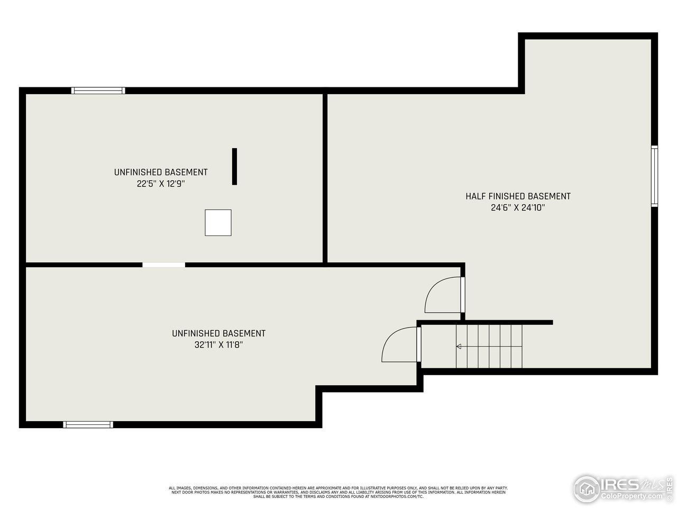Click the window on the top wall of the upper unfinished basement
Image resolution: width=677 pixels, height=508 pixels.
98,90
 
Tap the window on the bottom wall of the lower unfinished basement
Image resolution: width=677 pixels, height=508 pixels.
88,424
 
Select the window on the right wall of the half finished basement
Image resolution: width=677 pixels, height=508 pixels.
654,176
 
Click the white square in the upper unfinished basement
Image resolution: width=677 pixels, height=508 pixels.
218,223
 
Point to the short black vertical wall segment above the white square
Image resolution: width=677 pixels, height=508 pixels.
234,167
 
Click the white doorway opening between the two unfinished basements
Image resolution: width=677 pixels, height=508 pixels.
163,265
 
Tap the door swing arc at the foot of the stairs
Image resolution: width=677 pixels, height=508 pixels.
400,344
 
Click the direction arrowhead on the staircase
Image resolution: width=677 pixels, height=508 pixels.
459,347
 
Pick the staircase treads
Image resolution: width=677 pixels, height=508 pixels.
489,347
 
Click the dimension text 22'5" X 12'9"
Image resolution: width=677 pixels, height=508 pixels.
161,184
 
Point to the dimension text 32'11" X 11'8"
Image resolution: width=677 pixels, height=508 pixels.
218,345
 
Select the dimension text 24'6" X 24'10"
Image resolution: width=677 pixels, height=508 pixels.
518,208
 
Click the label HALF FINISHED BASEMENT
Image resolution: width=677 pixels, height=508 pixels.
518,196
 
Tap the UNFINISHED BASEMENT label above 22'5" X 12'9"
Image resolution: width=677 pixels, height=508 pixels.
161,173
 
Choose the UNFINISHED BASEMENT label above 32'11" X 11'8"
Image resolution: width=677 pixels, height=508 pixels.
218,333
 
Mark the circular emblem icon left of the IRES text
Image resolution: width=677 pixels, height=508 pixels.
587,488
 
